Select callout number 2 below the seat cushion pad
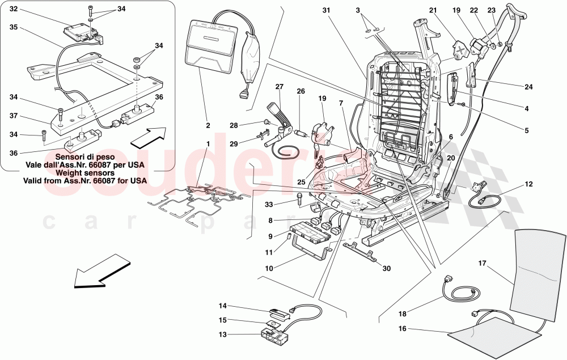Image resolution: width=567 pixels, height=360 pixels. point(208,125)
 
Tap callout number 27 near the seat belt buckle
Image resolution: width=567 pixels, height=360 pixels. point(278,87)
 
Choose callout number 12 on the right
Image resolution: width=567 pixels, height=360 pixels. point(528,184)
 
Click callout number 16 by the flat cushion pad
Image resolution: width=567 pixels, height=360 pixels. point(402,328)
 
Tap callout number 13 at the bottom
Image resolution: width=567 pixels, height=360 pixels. point(223,334)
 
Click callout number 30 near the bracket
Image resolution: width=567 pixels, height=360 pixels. point(387,269)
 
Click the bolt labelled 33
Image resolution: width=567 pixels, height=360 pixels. point(299,198)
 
